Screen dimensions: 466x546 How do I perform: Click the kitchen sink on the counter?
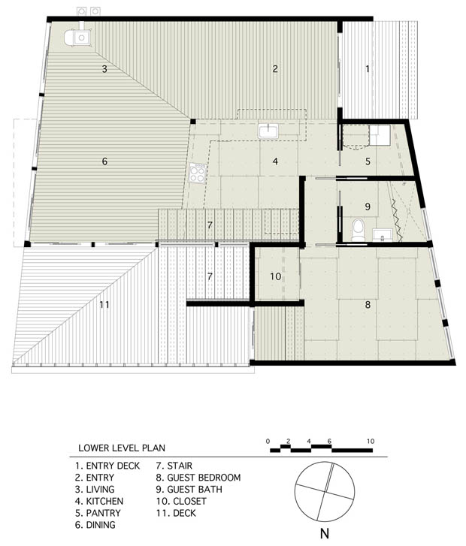click(x=268, y=131)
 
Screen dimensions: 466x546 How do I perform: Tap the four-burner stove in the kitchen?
click(x=197, y=173)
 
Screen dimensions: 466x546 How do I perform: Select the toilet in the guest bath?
click(x=358, y=230)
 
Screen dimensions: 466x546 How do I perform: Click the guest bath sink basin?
click(x=383, y=234)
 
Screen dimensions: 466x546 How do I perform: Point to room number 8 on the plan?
click(x=368, y=305)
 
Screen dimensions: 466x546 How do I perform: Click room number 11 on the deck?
click(x=104, y=305)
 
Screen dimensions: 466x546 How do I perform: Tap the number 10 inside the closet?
click(x=275, y=276)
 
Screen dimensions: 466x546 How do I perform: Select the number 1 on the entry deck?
click(x=368, y=69)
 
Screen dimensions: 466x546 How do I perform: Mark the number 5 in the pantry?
click(x=368, y=161)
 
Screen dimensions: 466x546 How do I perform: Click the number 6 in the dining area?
click(x=104, y=161)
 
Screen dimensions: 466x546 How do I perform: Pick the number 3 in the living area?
click(x=104, y=69)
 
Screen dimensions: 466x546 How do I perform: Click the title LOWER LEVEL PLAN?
click(x=122, y=448)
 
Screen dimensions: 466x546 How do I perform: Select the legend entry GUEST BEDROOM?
click(x=204, y=478)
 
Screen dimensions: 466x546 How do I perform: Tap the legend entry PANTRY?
click(x=104, y=513)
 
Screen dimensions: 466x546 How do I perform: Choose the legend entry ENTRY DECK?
click(x=113, y=466)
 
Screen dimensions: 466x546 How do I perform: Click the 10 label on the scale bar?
click(x=371, y=441)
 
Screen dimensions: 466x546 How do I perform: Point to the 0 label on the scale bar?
click(x=268, y=441)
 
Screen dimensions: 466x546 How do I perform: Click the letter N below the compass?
click(x=325, y=533)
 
